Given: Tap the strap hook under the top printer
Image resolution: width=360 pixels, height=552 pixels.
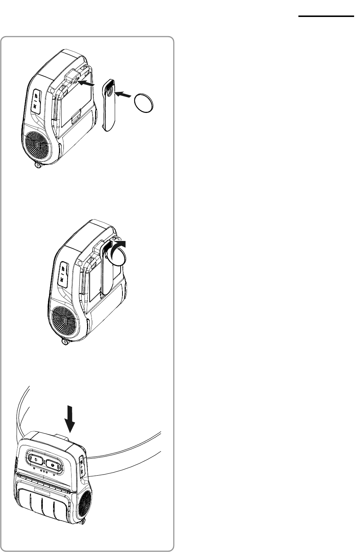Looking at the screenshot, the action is click(x=37, y=166).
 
